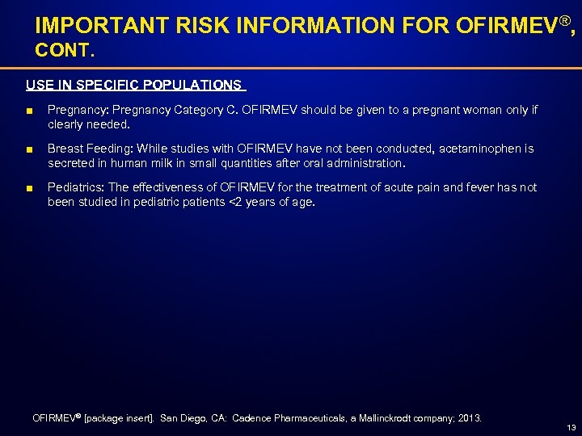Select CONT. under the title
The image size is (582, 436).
click(x=65, y=50)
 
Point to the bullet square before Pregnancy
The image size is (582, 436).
click(x=30, y=111)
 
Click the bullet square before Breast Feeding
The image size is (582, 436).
click(x=30, y=149)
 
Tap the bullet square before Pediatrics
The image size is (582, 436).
click(x=30, y=188)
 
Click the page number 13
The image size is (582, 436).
click(x=571, y=427)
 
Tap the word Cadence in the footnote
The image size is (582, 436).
click(x=257, y=418)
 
